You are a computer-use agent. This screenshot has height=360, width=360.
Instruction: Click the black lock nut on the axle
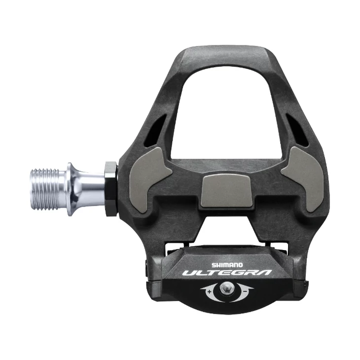[x=111, y=188]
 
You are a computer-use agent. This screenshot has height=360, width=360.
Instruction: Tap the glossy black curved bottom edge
[x=227, y=309]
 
